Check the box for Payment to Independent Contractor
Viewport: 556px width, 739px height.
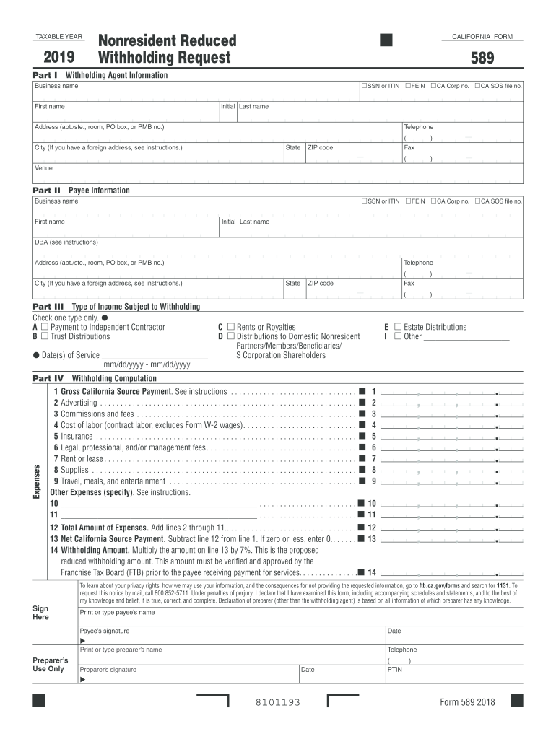(x=45, y=327)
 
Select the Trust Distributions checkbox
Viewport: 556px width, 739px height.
(x=45, y=336)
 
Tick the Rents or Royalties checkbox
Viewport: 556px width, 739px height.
(x=231, y=327)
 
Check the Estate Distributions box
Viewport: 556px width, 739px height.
(x=397, y=327)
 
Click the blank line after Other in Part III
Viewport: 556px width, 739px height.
(x=466, y=336)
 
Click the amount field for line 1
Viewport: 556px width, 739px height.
(x=451, y=391)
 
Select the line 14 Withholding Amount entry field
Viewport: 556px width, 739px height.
(x=451, y=572)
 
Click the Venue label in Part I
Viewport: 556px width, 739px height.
(x=44, y=168)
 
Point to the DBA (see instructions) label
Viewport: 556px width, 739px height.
(x=66, y=242)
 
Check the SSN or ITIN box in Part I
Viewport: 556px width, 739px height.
(x=364, y=86)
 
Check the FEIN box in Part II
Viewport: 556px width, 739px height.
(x=408, y=201)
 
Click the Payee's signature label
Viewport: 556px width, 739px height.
(x=105, y=631)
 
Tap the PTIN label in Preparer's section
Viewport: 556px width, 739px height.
(x=396, y=669)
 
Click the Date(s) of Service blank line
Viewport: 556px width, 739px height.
(x=155, y=355)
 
